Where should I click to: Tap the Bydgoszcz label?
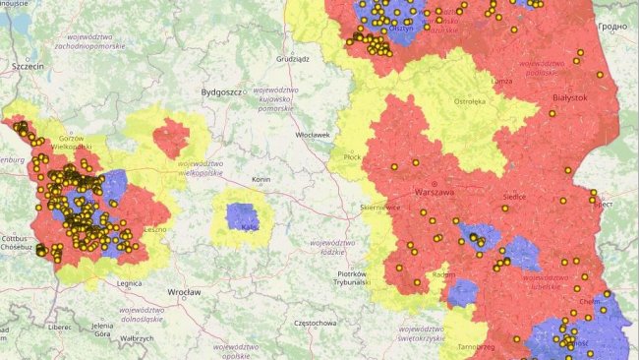(x=221, y=91)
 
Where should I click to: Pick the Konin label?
(x=261, y=180)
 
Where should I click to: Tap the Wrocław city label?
(x=184, y=292)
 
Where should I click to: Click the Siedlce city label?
(x=514, y=197)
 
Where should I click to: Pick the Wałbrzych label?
(x=137, y=339)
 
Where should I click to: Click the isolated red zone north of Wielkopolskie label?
(x=171, y=137)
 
